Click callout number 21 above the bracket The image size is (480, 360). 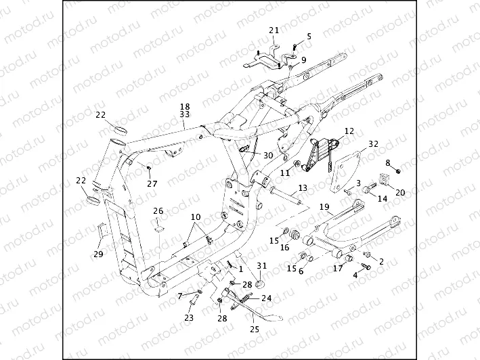point(274,30)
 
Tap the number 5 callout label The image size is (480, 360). point(309,36)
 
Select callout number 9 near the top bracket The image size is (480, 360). point(303,60)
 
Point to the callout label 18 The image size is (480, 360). point(185,107)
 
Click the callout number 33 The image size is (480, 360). point(185,115)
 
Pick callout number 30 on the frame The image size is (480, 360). point(268,155)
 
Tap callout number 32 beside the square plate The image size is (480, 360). point(374,144)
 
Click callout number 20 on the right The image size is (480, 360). point(400,192)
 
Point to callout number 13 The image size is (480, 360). point(302,187)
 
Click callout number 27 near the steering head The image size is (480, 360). point(152,183)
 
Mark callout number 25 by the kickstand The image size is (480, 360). point(255,330)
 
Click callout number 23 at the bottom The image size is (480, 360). point(189,317)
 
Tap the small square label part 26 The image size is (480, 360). point(158,225)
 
